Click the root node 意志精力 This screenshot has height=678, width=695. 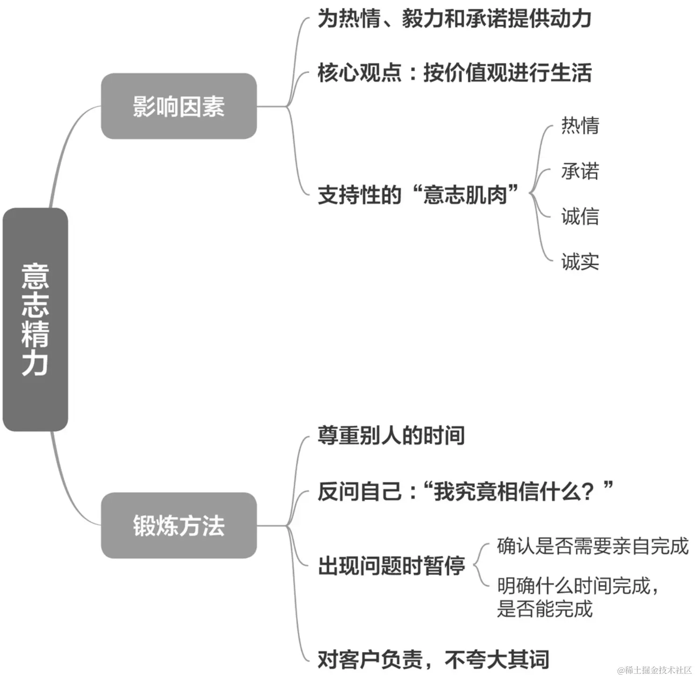click(35, 319)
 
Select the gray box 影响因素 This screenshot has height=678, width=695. click(178, 106)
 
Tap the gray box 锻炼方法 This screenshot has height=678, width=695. click(178, 525)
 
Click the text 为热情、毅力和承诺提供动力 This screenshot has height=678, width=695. click(454, 19)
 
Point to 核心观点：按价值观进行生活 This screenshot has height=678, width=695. click(454, 73)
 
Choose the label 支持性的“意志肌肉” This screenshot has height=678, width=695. click(418, 195)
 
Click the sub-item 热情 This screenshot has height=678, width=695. click(580, 125)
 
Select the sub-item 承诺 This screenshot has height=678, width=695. click(580, 171)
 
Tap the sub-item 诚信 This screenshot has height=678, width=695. click(580, 216)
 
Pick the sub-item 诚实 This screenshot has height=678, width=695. click(580, 262)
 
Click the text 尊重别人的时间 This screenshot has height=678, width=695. click(391, 435)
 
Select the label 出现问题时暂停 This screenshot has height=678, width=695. click(391, 565)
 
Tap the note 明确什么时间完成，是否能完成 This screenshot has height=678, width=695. click(578, 597)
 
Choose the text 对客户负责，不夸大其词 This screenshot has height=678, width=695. click(433, 659)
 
